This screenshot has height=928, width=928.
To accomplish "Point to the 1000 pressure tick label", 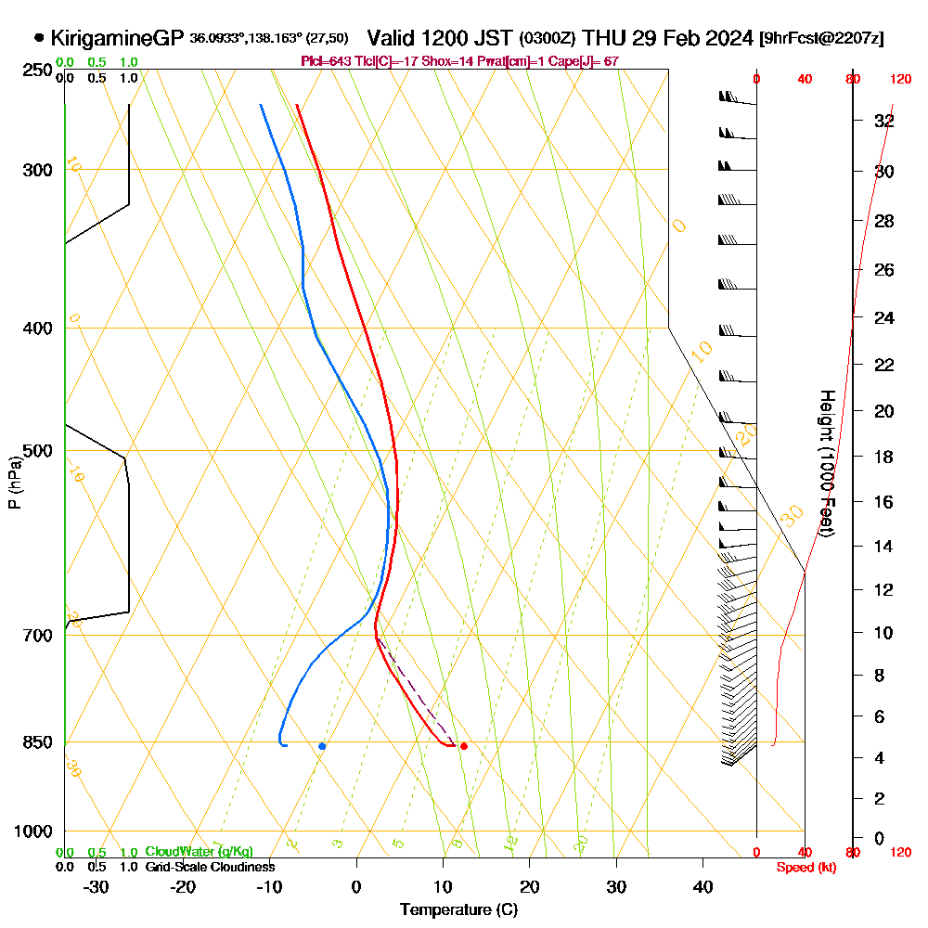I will [x=32, y=831].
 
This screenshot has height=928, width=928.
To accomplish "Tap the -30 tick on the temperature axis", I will [x=97, y=886].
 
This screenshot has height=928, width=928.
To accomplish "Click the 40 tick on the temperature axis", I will [x=703, y=886].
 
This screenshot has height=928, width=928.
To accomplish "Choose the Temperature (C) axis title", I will [x=458, y=909].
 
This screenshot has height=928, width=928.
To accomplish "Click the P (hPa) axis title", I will [x=14, y=483].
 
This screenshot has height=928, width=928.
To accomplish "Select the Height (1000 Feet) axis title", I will [x=825, y=463].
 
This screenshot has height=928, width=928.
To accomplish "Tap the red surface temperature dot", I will [x=464, y=746].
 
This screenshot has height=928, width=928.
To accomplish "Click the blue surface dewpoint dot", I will [x=322, y=746].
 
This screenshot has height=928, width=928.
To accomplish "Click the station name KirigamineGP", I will [x=116, y=38].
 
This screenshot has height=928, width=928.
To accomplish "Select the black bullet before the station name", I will [x=39, y=38].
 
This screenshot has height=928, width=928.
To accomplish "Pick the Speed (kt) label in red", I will [x=804, y=867].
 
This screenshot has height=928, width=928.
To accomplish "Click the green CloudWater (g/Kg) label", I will [x=199, y=852].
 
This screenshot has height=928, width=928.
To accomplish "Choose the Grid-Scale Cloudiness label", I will [x=210, y=867].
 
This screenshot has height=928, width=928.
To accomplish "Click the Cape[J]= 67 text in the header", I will [x=587, y=60].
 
